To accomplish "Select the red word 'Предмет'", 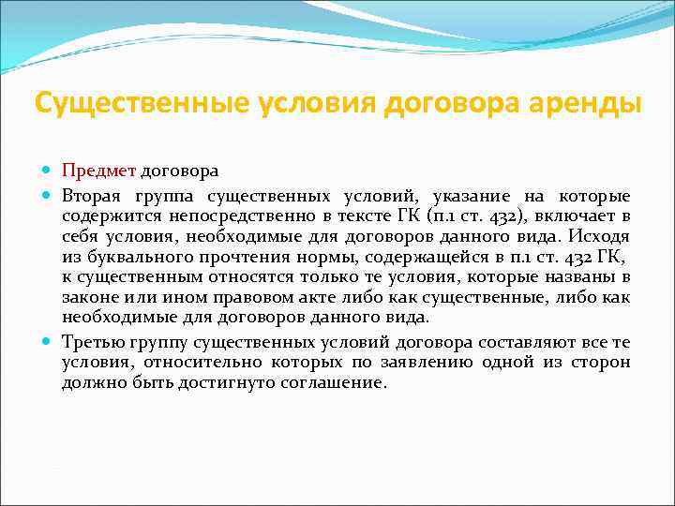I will (x=99, y=171).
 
